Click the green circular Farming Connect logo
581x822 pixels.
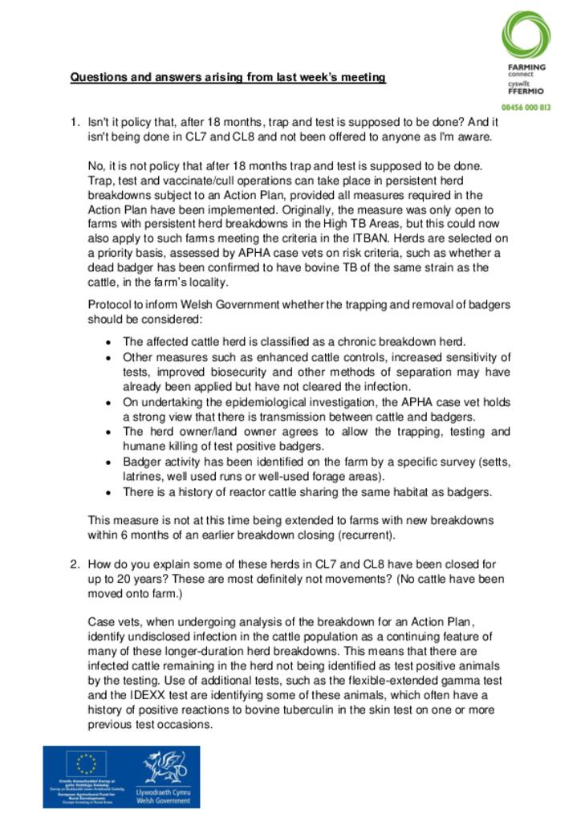pos(526,33)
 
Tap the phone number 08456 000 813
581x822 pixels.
pos(525,106)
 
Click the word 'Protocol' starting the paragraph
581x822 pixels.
pos(109,304)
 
